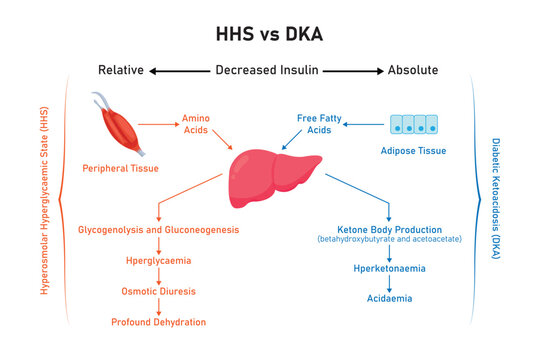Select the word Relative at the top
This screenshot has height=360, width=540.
[x=121, y=70]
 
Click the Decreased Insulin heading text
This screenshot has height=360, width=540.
[x=268, y=70]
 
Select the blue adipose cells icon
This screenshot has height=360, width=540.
[x=414, y=124]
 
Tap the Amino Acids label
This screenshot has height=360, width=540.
[x=196, y=125]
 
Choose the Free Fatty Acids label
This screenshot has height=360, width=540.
[x=321, y=125]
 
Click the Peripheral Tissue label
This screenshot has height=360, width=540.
[x=120, y=168]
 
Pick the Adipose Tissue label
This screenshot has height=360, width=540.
[x=413, y=151]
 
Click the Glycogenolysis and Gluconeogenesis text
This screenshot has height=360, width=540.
[x=159, y=230]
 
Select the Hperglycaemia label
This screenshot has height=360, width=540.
[x=158, y=261]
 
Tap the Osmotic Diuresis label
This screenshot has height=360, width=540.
[x=158, y=291]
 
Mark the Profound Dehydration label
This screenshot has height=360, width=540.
[x=158, y=322]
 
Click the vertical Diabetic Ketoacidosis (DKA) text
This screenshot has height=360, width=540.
[x=497, y=200]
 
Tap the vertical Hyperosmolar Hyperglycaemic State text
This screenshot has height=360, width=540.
[x=44, y=200]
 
